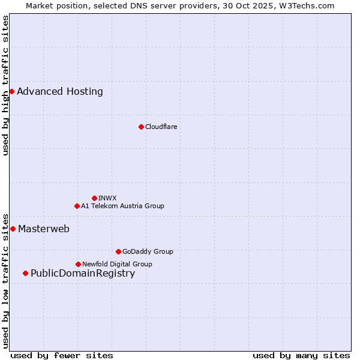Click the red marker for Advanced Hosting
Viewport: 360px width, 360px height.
11,91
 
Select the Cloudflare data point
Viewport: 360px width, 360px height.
141,127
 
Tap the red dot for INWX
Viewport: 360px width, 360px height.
94,198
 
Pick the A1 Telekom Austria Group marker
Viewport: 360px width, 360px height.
77,206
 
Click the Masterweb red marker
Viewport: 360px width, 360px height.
13,229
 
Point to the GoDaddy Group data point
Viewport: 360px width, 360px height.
118,251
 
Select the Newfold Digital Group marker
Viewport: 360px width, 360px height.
78,264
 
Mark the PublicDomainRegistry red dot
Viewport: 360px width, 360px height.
25,273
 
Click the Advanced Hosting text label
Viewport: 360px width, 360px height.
60,92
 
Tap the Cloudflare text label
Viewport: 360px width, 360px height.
161,127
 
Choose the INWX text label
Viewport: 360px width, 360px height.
107,198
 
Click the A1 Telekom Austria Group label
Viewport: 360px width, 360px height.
122,206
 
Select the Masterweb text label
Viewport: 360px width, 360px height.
44,229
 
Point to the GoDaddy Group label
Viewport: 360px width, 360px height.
148,251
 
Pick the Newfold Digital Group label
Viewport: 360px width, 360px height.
117,264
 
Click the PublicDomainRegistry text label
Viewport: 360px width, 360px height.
83,274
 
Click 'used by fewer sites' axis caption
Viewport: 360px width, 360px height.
62,355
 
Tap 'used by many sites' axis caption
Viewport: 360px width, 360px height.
301,355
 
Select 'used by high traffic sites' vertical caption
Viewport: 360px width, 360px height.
6,85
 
